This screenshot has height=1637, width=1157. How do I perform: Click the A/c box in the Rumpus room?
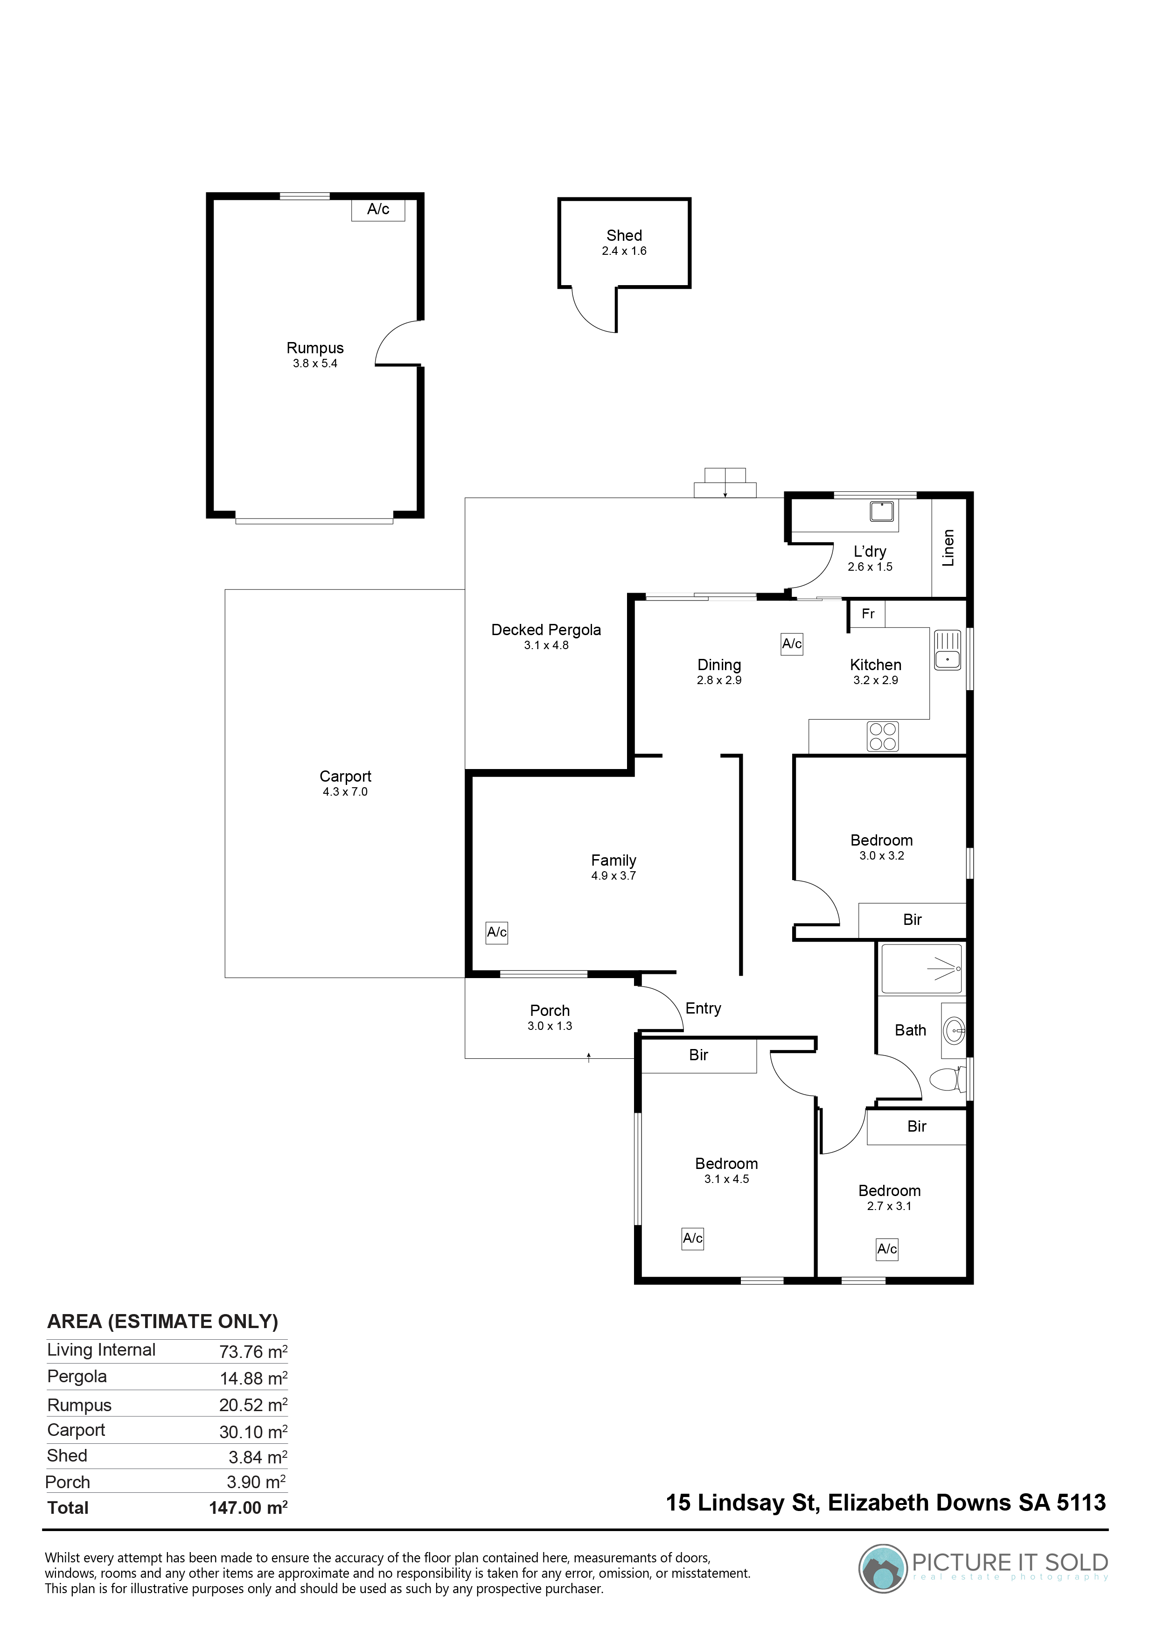coord(378,209)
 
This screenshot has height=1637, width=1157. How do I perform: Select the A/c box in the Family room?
coord(497,932)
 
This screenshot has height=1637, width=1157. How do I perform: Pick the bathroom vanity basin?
coord(954,1029)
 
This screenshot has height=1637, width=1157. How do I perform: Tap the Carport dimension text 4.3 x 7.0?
coord(345,791)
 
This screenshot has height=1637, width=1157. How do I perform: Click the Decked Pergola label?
coord(546,630)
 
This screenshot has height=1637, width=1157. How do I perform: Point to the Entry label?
coord(703,1008)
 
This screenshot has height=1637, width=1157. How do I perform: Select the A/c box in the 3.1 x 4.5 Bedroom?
coord(693,1238)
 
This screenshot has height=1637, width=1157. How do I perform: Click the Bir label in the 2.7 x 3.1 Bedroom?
coord(917,1126)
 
